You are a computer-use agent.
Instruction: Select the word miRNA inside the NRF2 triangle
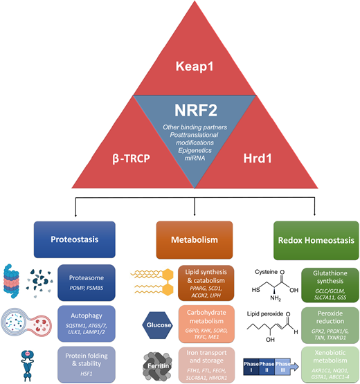click(179, 159)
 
